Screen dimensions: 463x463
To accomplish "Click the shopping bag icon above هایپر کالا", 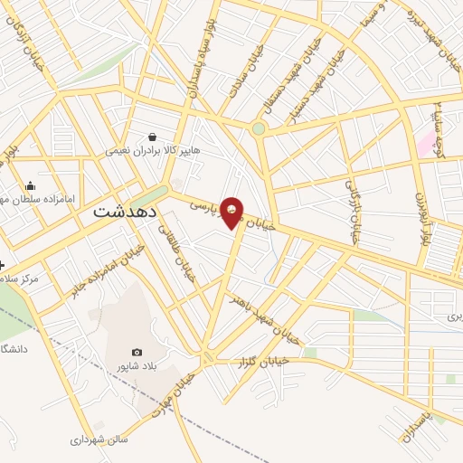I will (152, 137).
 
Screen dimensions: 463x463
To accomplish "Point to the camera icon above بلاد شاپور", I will (137, 352).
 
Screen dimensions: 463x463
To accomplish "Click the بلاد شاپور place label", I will (135, 366).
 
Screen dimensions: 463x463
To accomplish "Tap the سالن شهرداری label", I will (100, 440).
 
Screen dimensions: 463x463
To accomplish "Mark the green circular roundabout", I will (260, 128).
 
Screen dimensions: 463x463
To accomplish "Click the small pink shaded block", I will (424, 142).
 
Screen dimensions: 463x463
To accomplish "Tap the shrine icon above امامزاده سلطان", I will (30, 185).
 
